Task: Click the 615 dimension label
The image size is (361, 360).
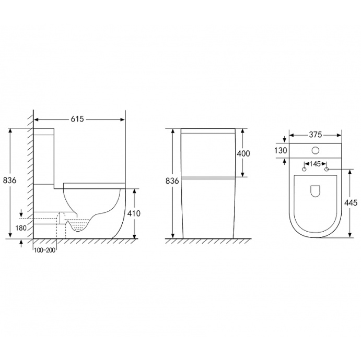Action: point(77,119)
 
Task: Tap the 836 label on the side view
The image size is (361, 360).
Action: point(10,181)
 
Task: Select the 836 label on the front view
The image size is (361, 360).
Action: point(172,181)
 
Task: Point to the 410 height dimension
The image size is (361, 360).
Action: point(134,213)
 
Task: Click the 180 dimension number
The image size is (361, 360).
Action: point(21,228)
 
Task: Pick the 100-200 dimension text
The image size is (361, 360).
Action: point(44,250)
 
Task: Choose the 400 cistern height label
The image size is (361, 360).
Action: point(243,153)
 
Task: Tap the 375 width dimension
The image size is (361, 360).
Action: point(315,135)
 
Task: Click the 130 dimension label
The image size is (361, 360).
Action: point(281,151)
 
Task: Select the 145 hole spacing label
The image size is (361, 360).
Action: point(315,164)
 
